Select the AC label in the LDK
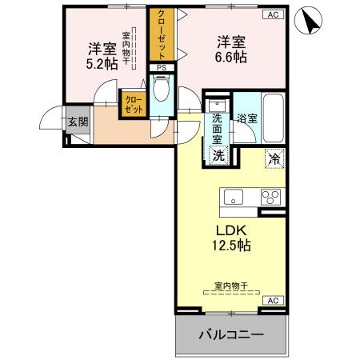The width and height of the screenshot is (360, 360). (x=272, y=300)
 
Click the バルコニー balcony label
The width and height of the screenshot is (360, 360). (x=230, y=334)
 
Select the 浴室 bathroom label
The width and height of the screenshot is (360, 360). (x=246, y=119)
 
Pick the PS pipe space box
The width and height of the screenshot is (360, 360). (x=162, y=69)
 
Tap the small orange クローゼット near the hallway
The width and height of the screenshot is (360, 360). (x=134, y=103)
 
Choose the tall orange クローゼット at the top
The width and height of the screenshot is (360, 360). (x=162, y=34)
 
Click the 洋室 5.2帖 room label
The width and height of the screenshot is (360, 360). (x=102, y=54)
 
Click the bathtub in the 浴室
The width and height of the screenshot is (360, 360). (x=274, y=120)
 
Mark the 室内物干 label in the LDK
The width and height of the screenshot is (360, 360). (x=230, y=286)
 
